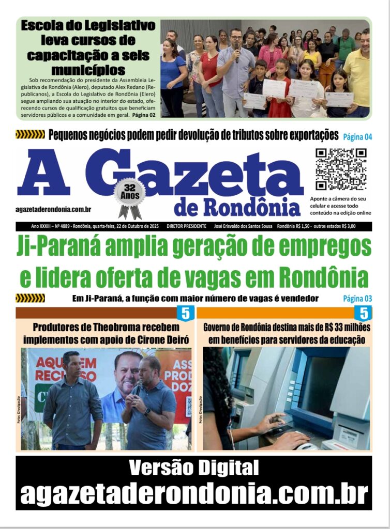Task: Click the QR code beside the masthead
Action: pyautogui.click(x=341, y=169)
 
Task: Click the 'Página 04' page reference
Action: pyautogui.click(x=357, y=137)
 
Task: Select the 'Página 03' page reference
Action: pyautogui.click(x=357, y=299)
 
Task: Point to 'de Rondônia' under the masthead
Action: pyautogui.click(x=237, y=207)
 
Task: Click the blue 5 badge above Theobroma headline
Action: pyautogui.click(x=185, y=313)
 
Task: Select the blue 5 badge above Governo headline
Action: pyautogui.click(x=364, y=313)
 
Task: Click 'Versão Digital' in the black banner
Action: pyautogui.click(x=193, y=468)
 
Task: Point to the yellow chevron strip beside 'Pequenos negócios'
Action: pyautogui.click(x=30, y=135)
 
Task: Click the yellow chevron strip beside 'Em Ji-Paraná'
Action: pyautogui.click(x=30, y=298)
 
